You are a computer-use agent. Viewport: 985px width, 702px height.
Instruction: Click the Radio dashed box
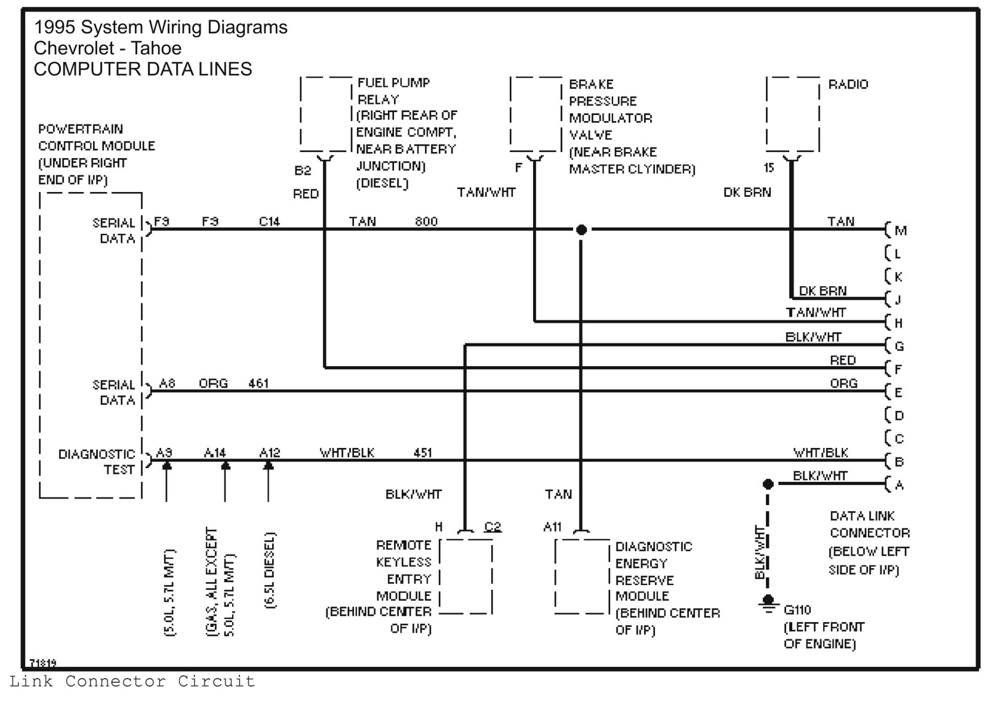pos(766,114)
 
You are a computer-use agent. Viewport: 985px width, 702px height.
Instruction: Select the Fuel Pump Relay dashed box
pos(301,114)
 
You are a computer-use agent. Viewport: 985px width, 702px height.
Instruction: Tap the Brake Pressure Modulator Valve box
pos(511,114)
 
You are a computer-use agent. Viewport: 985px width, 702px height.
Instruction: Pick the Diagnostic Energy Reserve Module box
pos(556,576)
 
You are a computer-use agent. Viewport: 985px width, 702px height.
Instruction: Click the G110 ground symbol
pos(768,603)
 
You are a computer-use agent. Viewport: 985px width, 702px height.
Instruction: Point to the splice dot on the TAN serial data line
pos(581,229)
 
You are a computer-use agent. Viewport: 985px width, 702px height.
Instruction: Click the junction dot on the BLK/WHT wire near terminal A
pos(768,484)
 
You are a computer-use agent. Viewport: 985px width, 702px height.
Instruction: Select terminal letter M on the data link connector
pos(901,230)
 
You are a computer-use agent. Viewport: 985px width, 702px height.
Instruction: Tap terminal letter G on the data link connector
pos(899,346)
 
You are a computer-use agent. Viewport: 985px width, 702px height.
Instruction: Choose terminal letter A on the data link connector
pos(899,485)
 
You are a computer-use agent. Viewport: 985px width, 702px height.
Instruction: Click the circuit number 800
pos(426,221)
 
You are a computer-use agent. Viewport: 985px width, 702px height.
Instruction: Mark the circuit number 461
pos(258,383)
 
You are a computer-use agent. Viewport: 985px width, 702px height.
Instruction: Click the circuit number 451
pos(422,453)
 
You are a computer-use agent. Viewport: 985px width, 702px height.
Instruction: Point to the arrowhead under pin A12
pos(268,466)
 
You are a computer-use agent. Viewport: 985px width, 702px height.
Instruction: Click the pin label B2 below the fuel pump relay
pos(302,170)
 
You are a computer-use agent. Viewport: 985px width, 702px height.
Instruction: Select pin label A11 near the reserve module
pos(552,527)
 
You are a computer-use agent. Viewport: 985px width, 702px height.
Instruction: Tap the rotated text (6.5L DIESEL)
pos(270,570)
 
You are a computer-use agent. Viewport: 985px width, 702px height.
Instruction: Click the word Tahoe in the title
pos(156,48)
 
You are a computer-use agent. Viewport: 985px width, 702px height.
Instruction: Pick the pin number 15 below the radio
pos(769,167)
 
